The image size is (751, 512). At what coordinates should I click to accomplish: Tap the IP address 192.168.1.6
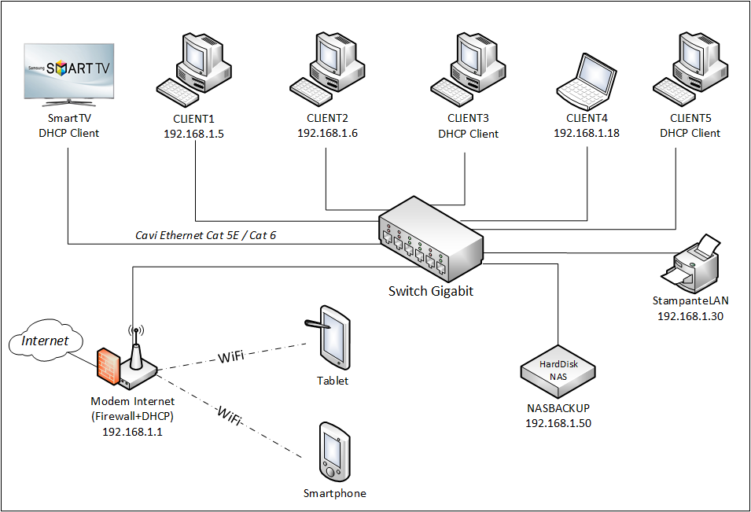tap(327, 133)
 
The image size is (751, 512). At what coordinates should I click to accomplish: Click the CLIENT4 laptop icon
tap(587, 81)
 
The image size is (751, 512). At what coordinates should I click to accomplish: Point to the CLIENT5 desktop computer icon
tap(690, 69)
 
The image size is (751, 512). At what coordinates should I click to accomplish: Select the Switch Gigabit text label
tap(431, 291)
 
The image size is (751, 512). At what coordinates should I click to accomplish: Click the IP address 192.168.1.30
tap(690, 316)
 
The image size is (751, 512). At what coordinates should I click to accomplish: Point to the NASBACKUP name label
tap(558, 409)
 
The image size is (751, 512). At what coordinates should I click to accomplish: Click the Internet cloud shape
tap(46, 341)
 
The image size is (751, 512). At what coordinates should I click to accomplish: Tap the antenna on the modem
tap(135, 346)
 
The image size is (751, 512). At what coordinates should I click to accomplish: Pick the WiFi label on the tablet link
tap(230, 357)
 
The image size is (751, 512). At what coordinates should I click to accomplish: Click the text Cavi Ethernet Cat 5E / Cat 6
tap(205, 235)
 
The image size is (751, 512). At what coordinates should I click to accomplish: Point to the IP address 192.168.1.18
tap(587, 133)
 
